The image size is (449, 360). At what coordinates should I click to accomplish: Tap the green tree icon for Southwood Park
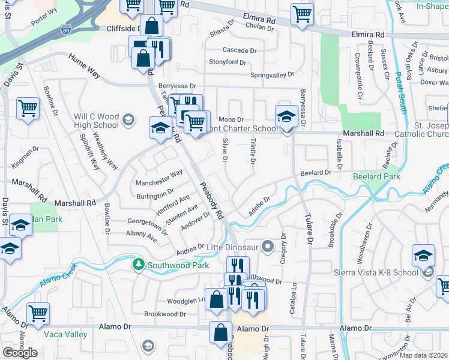point(139,265)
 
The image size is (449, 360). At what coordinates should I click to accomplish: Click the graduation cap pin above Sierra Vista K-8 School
point(423,254)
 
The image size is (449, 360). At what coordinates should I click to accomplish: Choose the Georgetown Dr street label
point(147,226)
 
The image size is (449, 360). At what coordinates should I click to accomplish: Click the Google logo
point(20,353)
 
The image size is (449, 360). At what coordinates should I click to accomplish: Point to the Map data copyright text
point(423,355)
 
